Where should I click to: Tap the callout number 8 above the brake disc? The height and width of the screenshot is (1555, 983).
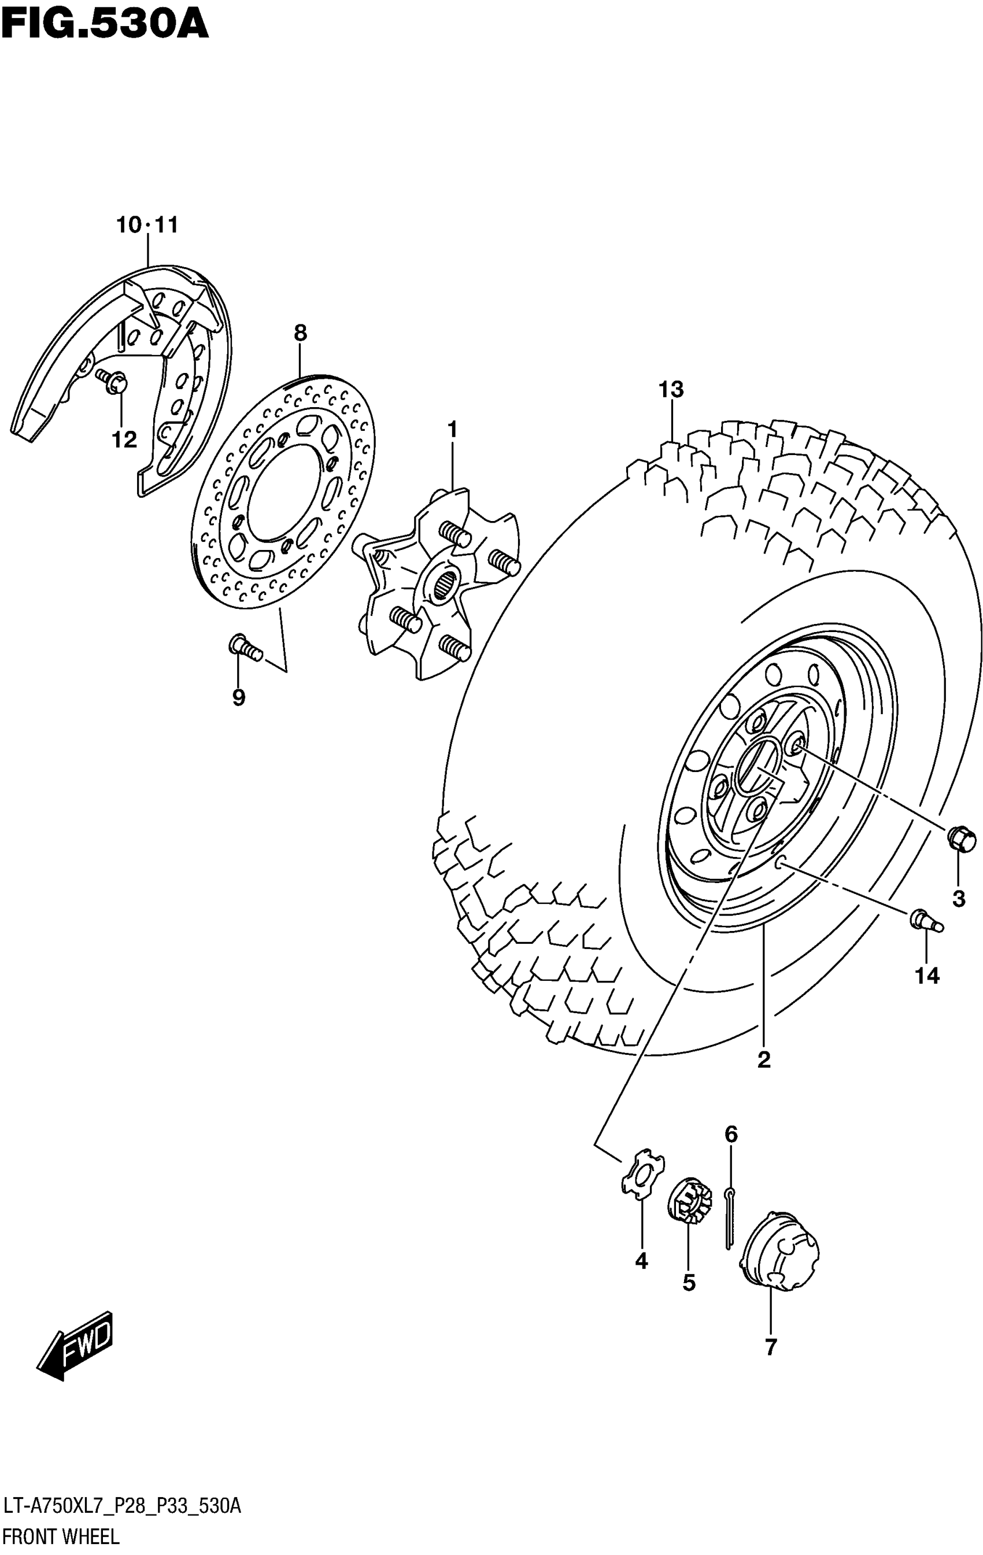pyautogui.click(x=300, y=333)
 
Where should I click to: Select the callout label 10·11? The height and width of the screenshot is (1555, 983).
pyautogui.click(x=147, y=226)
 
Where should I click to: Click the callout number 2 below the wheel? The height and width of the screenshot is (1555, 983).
pyautogui.click(x=764, y=1061)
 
